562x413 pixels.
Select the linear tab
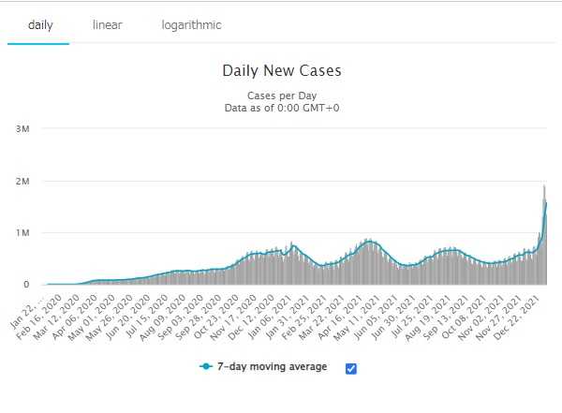click(x=108, y=24)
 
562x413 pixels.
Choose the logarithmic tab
click(x=191, y=24)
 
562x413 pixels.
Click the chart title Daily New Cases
click(x=282, y=71)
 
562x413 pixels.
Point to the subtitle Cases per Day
click(x=282, y=96)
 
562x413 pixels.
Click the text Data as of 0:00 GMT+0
click(x=282, y=109)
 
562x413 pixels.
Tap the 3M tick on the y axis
click(x=23, y=128)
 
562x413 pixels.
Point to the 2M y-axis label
click(x=23, y=181)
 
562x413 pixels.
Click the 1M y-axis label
click(x=23, y=232)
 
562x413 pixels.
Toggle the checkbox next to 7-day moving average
click(x=351, y=368)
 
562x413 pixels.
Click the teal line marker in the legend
click(x=206, y=367)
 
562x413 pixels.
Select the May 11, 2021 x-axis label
click(x=367, y=314)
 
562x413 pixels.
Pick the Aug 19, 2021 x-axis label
click(x=433, y=314)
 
